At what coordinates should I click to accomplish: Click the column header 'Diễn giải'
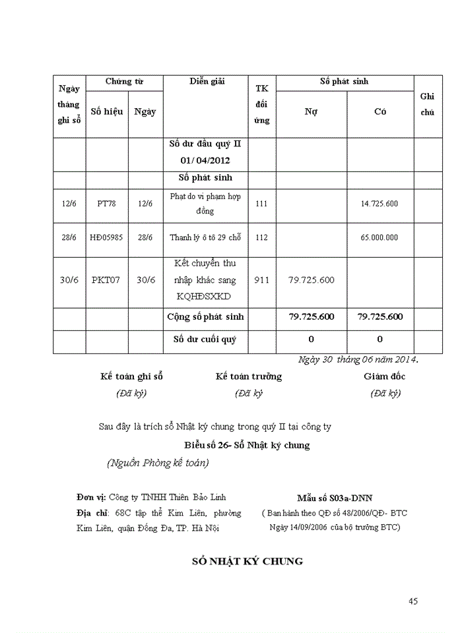(x=207, y=82)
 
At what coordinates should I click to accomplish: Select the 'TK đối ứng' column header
(x=262, y=104)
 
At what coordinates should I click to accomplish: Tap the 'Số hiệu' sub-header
(x=107, y=111)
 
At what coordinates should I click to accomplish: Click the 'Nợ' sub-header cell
(x=311, y=111)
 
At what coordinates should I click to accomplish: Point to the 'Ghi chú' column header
(x=427, y=104)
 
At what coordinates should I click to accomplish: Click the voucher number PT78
(x=107, y=204)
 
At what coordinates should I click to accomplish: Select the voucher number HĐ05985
(x=107, y=237)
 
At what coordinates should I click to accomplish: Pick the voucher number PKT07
(x=107, y=280)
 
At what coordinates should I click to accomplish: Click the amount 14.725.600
(x=379, y=204)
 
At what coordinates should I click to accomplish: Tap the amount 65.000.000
(x=379, y=237)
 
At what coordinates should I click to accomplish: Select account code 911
(x=262, y=280)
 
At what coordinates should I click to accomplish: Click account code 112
(x=262, y=237)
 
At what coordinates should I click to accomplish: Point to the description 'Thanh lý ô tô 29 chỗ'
(x=206, y=237)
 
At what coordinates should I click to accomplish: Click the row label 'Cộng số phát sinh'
(x=206, y=317)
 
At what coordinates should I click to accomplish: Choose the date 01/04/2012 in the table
(x=206, y=160)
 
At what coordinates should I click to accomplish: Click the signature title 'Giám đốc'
(x=385, y=377)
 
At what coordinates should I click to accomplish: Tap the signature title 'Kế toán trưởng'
(x=248, y=377)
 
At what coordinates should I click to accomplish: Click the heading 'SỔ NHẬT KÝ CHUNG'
(x=247, y=561)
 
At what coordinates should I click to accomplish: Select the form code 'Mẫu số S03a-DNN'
(x=335, y=498)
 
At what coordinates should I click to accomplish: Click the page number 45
(x=413, y=601)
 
